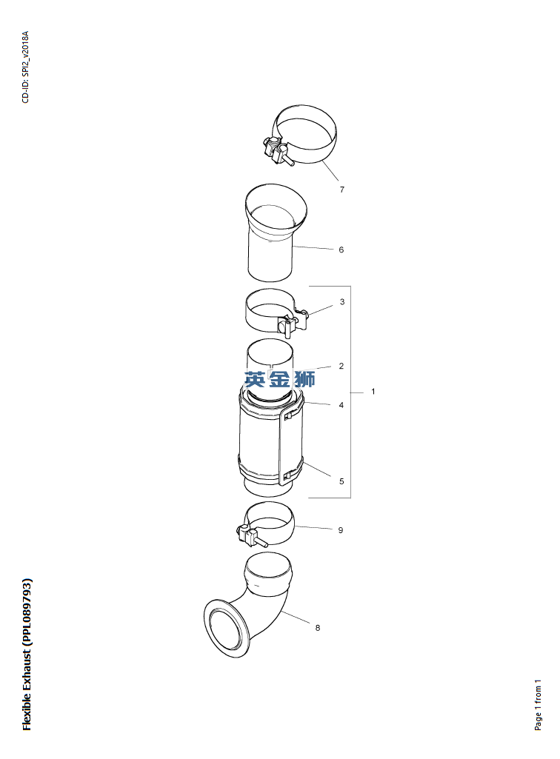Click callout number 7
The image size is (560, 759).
click(x=342, y=190)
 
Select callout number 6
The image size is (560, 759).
click(x=341, y=250)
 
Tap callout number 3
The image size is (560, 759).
click(x=342, y=302)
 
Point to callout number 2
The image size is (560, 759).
click(x=341, y=366)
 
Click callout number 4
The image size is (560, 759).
click(x=341, y=405)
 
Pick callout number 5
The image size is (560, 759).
click(x=341, y=481)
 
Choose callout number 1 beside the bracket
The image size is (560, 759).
click(x=373, y=391)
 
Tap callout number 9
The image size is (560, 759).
click(x=341, y=530)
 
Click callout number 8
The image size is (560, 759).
click(x=318, y=628)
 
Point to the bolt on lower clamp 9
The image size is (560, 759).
click(x=251, y=537)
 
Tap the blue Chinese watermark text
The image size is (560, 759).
click(x=280, y=378)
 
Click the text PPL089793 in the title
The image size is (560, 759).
click(x=27, y=612)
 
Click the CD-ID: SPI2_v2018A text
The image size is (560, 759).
click(x=26, y=67)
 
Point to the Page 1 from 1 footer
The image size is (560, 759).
click(x=538, y=705)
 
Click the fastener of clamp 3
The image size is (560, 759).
click(x=293, y=322)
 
